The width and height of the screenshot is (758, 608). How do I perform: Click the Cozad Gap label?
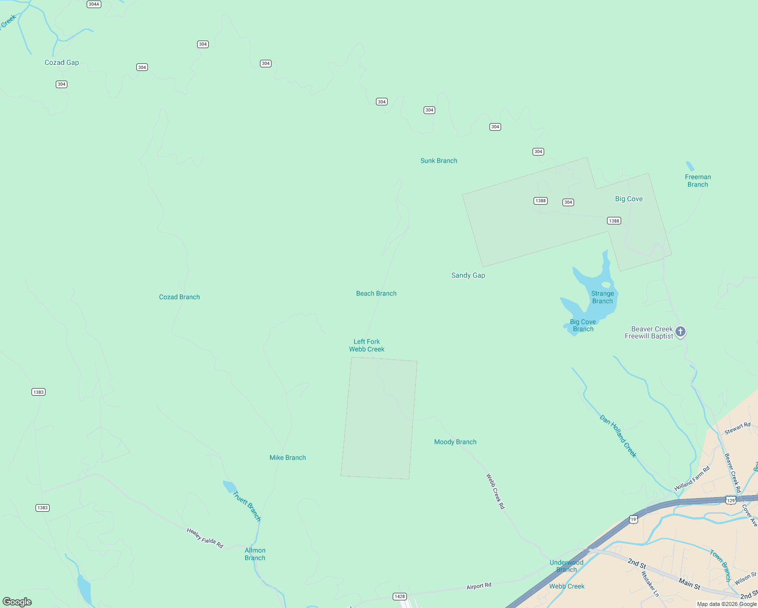coord(62,63)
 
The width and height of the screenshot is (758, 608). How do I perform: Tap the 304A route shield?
coord(94,4)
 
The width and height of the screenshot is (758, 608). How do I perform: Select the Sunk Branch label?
coord(439,161)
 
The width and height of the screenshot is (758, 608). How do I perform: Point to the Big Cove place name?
coord(629,199)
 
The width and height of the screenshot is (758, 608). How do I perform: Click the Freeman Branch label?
coord(698,181)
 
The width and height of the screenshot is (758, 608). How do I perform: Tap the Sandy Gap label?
coord(468,275)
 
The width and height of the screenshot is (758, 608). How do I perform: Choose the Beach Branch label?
coord(376,293)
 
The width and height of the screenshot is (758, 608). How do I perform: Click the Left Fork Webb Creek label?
coord(367,345)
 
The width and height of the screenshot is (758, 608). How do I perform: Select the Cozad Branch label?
coord(179,297)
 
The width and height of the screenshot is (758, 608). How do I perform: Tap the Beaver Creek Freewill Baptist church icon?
coord(680,332)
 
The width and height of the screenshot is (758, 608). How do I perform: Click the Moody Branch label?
coord(455,442)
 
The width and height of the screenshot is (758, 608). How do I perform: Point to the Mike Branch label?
coord(287,458)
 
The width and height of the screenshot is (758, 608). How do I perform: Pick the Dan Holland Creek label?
coord(618,436)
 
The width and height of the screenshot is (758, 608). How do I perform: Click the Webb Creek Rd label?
coord(496,491)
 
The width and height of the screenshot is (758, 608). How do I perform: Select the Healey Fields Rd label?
coord(205,538)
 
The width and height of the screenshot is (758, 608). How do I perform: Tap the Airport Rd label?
coord(479,586)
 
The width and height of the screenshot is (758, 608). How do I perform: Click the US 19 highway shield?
coord(633,519)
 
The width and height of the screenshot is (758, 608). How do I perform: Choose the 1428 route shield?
coord(400,596)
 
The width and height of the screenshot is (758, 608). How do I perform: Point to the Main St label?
coord(689,584)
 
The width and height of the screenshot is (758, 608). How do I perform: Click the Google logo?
coord(17,602)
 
